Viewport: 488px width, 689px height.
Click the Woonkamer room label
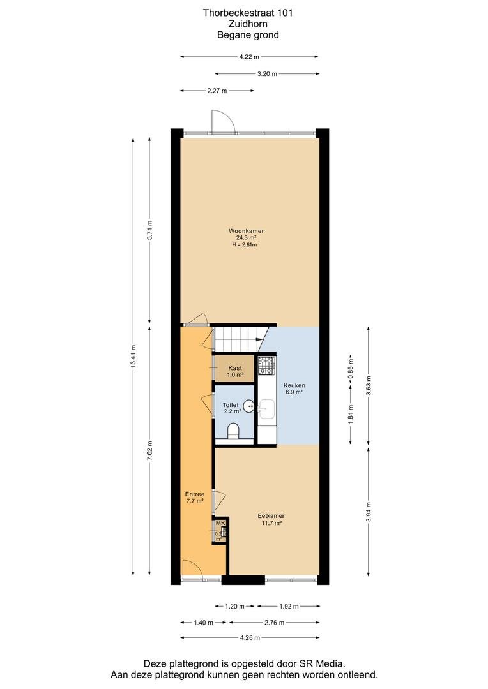[246, 231]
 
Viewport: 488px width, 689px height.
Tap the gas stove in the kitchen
[266, 366]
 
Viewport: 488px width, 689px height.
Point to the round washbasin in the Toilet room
[248, 406]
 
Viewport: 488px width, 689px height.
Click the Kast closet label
[235, 368]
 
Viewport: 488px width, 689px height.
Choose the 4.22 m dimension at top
[249, 57]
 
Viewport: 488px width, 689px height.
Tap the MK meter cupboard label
[220, 523]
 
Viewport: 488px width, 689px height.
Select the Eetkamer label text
[271, 516]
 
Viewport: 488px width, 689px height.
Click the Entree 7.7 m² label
[194, 498]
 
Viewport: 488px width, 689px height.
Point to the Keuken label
[294, 385]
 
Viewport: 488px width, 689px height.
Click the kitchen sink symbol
[266, 410]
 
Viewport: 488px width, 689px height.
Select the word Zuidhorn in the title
[248, 24]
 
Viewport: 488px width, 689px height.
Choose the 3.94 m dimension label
[369, 512]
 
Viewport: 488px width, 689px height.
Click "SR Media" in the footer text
[324, 663]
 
